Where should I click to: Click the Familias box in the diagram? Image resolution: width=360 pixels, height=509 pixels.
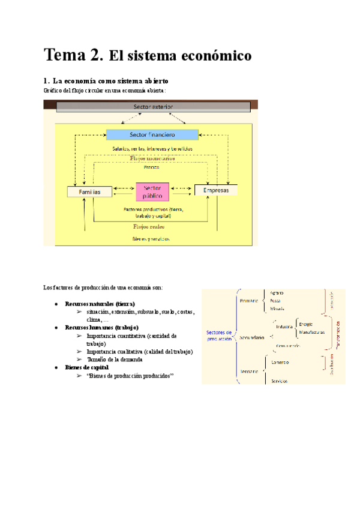pyautogui.click(x=89, y=191)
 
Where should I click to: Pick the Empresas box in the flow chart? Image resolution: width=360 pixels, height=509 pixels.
pyautogui.click(x=216, y=190)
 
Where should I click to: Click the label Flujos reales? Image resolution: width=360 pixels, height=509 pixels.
pyautogui.click(x=149, y=227)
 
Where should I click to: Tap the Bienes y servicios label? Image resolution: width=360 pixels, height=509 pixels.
pyautogui.click(x=151, y=238)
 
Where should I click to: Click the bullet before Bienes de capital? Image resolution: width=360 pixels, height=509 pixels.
pyautogui.click(x=56, y=367)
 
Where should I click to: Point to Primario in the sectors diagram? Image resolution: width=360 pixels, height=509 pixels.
pyautogui.click(x=248, y=300)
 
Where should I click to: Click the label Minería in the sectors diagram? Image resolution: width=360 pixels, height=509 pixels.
pyautogui.click(x=277, y=308)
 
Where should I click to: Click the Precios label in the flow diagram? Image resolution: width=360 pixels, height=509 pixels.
pyautogui.click(x=152, y=167)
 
